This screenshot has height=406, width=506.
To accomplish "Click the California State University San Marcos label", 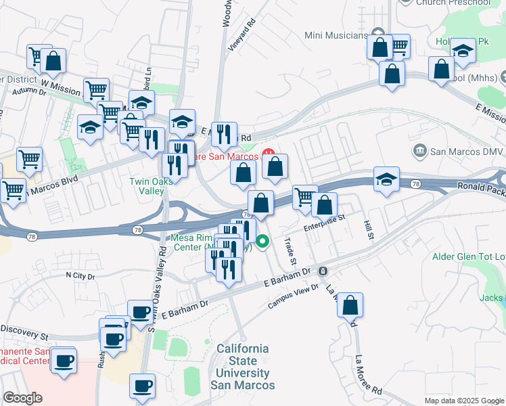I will click(x=242, y=367).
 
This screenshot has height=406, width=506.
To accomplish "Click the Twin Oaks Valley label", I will click(x=147, y=186).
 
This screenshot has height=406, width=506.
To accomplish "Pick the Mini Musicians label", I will click(x=336, y=35).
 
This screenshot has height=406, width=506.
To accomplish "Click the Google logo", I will click(x=23, y=398).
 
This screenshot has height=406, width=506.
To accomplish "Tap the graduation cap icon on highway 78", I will click(x=386, y=180).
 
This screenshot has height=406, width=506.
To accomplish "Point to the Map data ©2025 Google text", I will click(x=464, y=400).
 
